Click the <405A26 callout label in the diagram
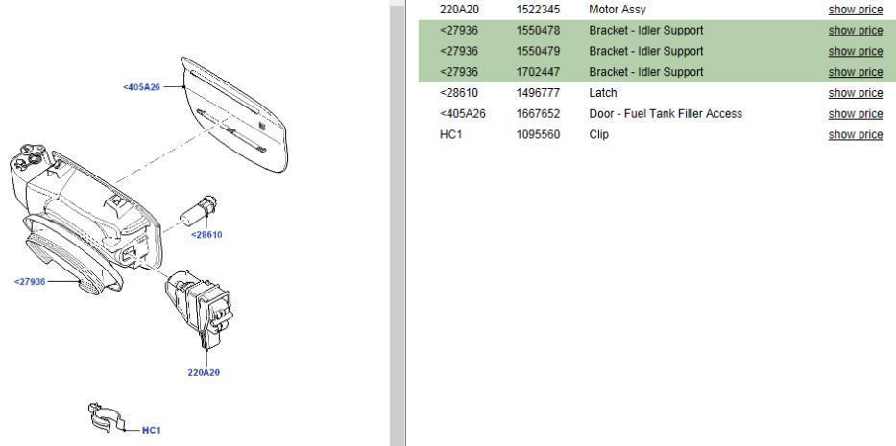[141, 87]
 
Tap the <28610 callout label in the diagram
[206, 235]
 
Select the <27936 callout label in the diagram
[30, 282]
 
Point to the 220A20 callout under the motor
[204, 372]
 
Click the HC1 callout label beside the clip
[152, 430]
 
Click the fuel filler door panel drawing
[234, 114]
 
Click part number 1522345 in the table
[538, 10]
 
